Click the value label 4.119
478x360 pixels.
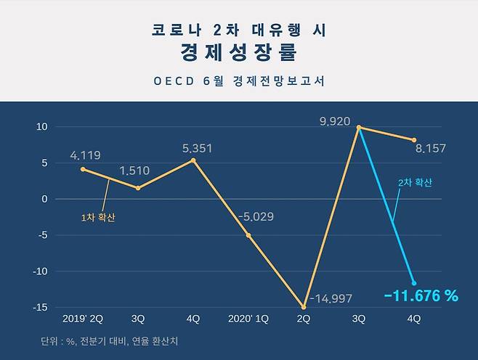click(85, 155)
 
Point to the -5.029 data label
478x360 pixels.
click(253, 216)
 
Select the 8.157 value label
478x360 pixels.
click(430, 149)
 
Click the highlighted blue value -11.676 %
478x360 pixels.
click(421, 295)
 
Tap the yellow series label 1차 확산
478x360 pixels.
click(98, 216)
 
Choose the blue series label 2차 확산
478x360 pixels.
click(415, 183)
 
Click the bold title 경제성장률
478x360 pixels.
click(239, 54)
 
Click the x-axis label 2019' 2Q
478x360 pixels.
click(83, 319)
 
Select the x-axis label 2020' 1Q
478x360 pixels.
click(248, 319)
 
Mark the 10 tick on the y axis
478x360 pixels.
click(42, 126)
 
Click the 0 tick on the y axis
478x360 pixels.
click(44, 199)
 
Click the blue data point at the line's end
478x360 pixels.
click(414, 283)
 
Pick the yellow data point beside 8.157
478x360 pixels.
click(414, 140)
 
